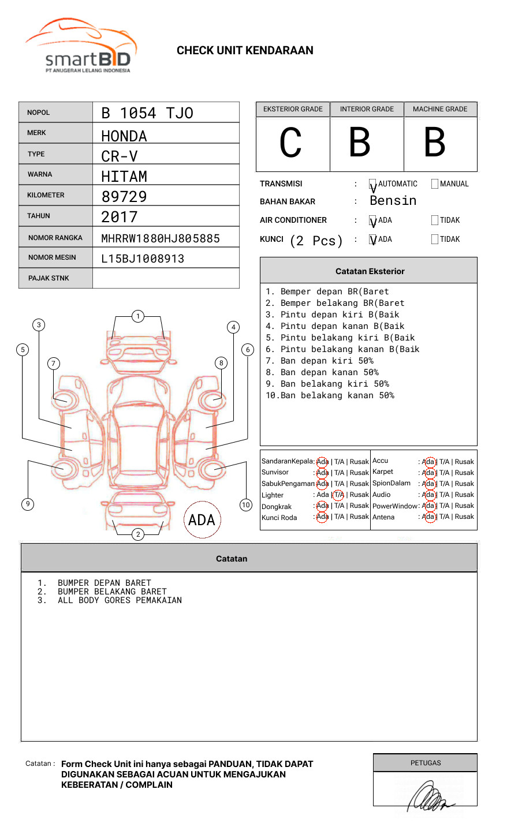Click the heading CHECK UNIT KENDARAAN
click(245, 51)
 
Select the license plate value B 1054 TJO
click(147, 113)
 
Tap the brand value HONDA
click(124, 136)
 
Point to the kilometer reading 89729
click(124, 197)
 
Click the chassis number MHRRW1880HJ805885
click(161, 238)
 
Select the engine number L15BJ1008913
click(143, 259)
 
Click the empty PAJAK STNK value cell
click(166, 278)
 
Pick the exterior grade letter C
click(290, 143)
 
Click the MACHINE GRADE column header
click(440, 109)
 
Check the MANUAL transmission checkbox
click(435, 184)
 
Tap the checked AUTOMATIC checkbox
click(373, 185)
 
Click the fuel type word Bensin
click(393, 201)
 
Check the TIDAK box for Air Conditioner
click(435, 220)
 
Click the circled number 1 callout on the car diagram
click(137, 316)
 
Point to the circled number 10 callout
click(246, 505)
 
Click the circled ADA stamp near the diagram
click(202, 520)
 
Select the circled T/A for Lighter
click(338, 495)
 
